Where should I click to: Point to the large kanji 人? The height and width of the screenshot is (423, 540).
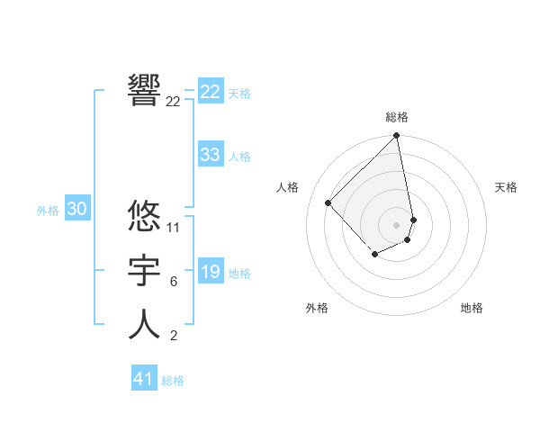[x=144, y=324]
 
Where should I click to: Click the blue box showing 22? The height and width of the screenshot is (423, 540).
[x=210, y=92]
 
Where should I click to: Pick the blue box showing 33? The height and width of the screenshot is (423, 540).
[x=210, y=155]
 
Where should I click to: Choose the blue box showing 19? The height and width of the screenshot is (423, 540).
[x=210, y=272]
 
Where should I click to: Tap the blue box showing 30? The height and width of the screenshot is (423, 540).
[x=76, y=210]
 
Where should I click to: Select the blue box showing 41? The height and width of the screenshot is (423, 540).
[x=144, y=379]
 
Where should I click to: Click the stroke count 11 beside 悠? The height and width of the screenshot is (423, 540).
[x=174, y=228]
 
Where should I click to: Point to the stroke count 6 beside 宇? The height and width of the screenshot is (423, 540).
[x=173, y=282]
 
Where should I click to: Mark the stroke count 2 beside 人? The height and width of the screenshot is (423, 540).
[x=173, y=337]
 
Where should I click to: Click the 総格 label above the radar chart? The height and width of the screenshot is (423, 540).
[x=397, y=117]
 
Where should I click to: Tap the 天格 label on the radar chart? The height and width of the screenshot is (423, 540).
[x=506, y=187]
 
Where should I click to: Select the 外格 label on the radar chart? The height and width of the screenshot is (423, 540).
[x=317, y=308]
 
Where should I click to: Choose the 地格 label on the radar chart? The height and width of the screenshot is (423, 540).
[x=472, y=308]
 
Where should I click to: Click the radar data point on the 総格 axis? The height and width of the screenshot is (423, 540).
[x=396, y=137]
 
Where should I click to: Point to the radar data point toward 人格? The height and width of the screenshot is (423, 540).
[x=328, y=202]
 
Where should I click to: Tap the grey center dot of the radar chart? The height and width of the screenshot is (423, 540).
[x=396, y=224]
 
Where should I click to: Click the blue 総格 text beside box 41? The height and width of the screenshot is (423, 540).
[x=173, y=381]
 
